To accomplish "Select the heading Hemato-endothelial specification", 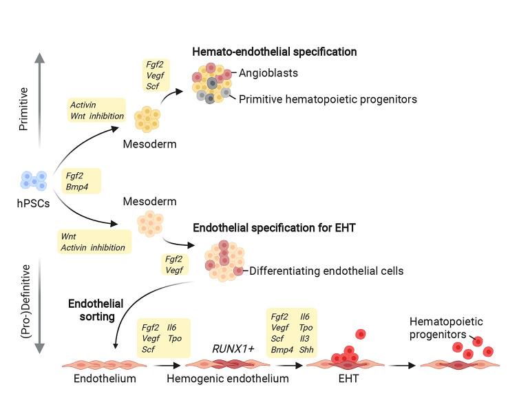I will [x=274, y=52].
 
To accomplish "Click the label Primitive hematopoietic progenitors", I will [x=328, y=99].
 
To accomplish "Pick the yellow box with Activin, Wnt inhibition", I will [x=97, y=110].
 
